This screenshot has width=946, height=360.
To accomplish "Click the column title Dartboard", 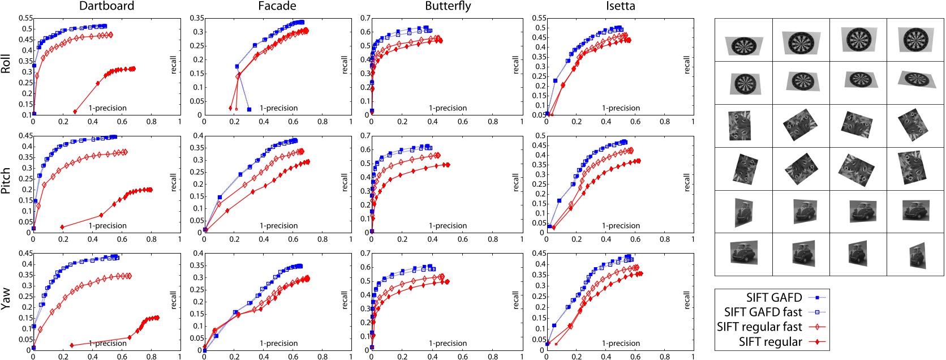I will pyautogui.click(x=106, y=6).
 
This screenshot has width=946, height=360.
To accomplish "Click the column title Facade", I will pyautogui.click(x=277, y=6).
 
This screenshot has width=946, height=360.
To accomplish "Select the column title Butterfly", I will pyautogui.click(x=448, y=6).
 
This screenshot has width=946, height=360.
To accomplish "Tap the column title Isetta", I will pyautogui.click(x=620, y=6).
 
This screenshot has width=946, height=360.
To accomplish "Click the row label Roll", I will pyautogui.click(x=6, y=64).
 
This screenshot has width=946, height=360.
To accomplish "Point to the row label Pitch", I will pyautogui.click(x=6, y=181).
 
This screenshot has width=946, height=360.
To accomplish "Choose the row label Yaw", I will pyautogui.click(x=6, y=298).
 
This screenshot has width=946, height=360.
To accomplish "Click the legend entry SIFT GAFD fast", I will pyautogui.click(x=763, y=312).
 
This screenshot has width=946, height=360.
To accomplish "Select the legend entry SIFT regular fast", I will pyautogui.click(x=759, y=327).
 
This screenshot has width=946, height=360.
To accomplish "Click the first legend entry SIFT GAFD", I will pyautogui.click(x=773, y=298).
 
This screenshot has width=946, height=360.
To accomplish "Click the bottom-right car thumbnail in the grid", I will pyautogui.click(x=915, y=255).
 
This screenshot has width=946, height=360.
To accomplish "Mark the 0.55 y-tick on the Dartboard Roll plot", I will pyautogui.click(x=26, y=18).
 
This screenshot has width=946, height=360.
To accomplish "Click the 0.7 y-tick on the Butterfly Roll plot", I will pyautogui.click(x=365, y=18).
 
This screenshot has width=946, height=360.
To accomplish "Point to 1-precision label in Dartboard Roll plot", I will pyautogui.click(x=107, y=108).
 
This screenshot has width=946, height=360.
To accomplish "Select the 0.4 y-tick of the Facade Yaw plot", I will pyautogui.click(x=196, y=253).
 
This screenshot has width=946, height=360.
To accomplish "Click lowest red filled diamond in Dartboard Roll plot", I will pyautogui.click(x=75, y=112).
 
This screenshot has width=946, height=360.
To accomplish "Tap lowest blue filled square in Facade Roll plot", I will pyautogui.click(x=249, y=109).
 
